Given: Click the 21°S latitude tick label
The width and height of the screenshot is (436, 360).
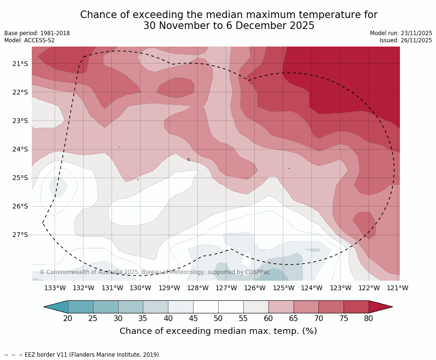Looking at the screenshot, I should click(x=20, y=64).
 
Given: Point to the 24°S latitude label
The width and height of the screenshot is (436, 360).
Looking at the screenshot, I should click(x=20, y=149).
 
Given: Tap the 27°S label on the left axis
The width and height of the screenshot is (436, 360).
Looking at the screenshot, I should click(x=20, y=235).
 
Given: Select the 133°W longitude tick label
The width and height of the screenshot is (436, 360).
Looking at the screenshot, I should click(x=55, y=288).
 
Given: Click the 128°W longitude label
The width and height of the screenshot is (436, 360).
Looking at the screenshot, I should click(x=197, y=288).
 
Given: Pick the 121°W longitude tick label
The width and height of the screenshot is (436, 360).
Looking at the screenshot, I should click(x=398, y=288).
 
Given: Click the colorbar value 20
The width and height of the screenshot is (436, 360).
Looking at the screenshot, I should click(x=68, y=319).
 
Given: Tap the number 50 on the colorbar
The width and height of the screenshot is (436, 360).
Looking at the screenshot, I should click(x=218, y=319).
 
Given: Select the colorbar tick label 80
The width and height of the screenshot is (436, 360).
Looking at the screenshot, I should click(x=369, y=319).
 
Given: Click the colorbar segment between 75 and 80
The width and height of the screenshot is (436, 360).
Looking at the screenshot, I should click(x=356, y=307).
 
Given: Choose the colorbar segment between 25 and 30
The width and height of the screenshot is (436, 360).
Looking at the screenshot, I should click(x=105, y=307).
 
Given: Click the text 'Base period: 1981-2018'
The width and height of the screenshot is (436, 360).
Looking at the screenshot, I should click(x=37, y=33).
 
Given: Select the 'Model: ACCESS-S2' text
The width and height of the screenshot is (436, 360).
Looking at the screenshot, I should click(x=29, y=40).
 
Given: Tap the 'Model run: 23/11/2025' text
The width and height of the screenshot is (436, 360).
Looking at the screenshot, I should click(x=401, y=33).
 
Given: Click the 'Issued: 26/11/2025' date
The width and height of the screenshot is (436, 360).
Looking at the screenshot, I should click(x=406, y=40).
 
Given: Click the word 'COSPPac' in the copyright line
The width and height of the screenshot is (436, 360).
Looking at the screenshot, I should click(x=257, y=272).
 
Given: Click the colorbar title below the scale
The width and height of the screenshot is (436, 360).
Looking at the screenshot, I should click(x=218, y=331).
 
